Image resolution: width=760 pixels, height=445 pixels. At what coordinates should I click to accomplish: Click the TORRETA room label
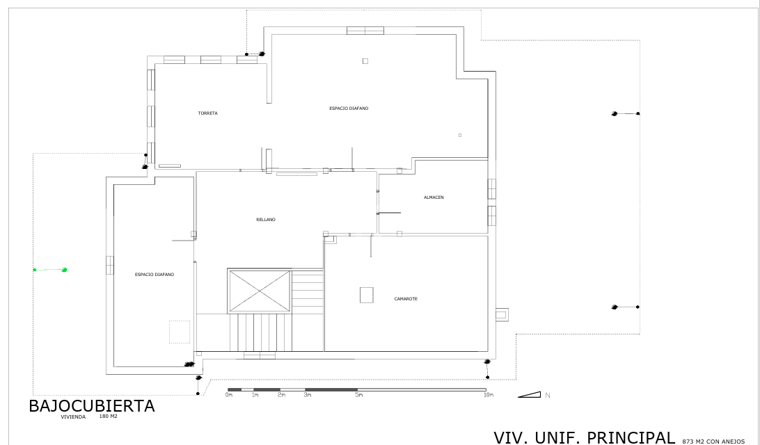tap(207, 113)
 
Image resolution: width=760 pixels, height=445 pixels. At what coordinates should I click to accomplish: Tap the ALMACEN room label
tap(434, 197)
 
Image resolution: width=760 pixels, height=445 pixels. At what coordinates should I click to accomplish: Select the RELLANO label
tap(266, 220)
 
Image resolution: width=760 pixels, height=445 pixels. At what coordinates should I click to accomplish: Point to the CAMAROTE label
tap(406, 299)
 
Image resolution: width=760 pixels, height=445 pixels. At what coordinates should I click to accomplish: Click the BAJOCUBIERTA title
tap(92, 406)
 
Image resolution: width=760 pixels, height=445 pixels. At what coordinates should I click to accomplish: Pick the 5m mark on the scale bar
tap(358, 395)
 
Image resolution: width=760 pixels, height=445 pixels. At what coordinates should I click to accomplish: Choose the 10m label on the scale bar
tap(488, 395)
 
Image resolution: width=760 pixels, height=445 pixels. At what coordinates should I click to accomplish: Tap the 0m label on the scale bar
tap(229, 395)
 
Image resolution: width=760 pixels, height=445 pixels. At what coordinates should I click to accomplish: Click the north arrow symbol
tap(529, 395)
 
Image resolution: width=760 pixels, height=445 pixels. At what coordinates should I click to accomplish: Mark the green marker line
tap(49, 270)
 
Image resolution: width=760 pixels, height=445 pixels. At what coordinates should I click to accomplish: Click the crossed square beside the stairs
tap(260, 292)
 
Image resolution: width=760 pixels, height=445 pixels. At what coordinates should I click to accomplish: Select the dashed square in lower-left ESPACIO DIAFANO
tap(180, 332)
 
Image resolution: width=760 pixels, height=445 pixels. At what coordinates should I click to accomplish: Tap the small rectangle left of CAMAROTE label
tap(366, 295)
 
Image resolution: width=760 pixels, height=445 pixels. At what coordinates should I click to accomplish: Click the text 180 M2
tap(108, 416)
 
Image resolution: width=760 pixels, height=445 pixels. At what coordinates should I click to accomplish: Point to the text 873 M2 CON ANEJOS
tap(713, 442)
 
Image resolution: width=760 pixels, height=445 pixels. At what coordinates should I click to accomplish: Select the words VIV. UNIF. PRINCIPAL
tap(584, 438)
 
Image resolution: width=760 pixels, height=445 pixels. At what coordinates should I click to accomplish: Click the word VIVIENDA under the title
tap(73, 417)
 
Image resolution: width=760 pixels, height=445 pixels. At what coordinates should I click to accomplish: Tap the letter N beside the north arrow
tap(548, 396)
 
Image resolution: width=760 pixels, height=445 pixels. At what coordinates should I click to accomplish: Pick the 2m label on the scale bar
tap(282, 395)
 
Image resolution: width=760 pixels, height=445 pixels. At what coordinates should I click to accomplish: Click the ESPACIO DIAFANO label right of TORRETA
tap(349, 108)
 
